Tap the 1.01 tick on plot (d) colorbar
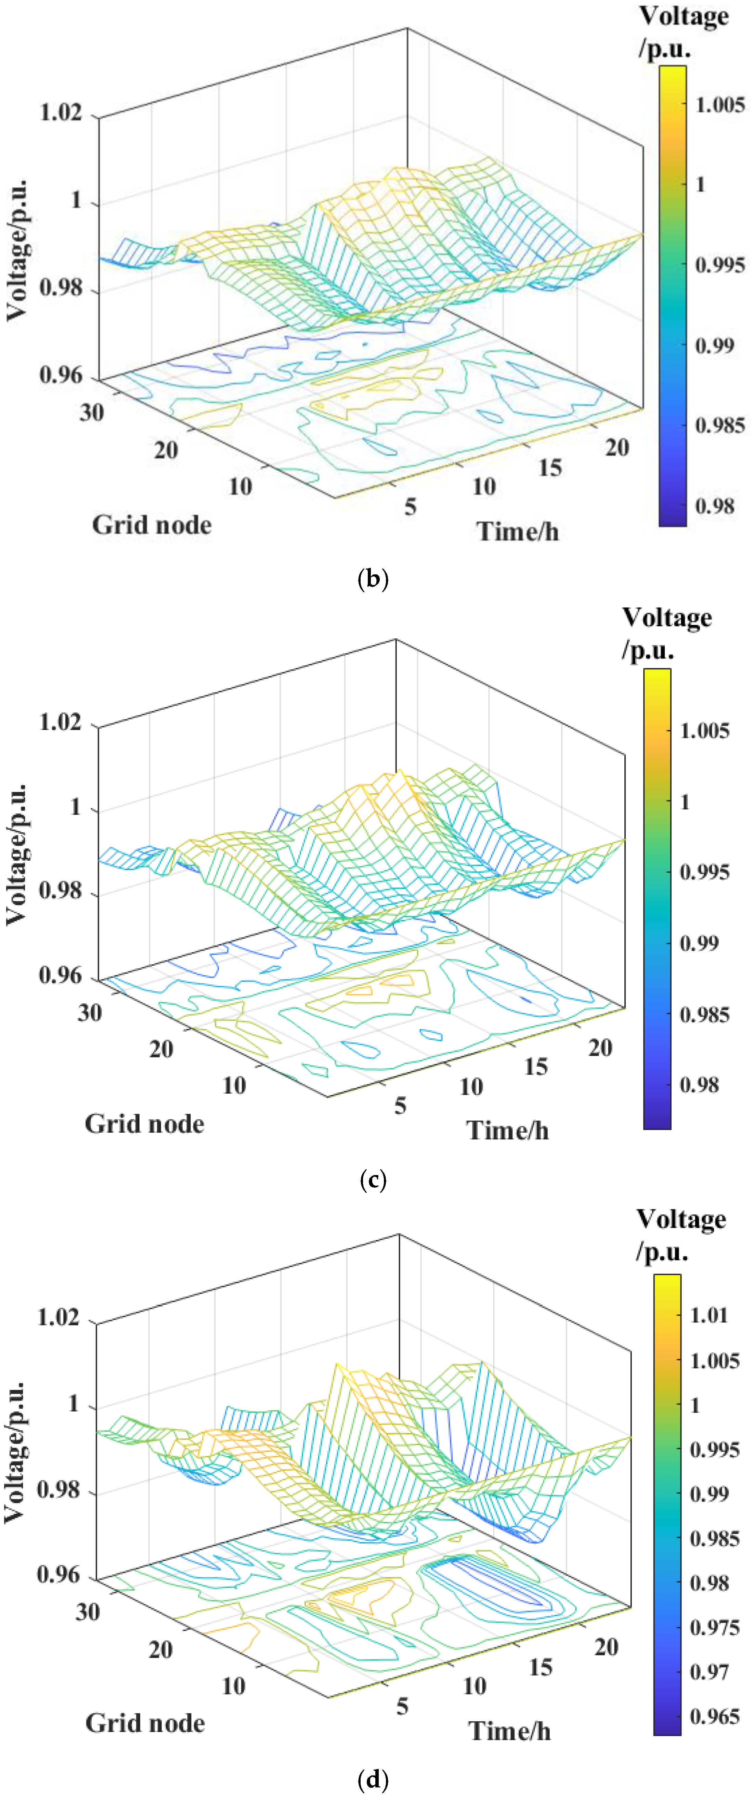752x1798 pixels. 709,1315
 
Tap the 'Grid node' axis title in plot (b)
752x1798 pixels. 152,525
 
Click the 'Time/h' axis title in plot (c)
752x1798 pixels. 508,1130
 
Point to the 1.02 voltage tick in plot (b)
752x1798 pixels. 61,112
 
